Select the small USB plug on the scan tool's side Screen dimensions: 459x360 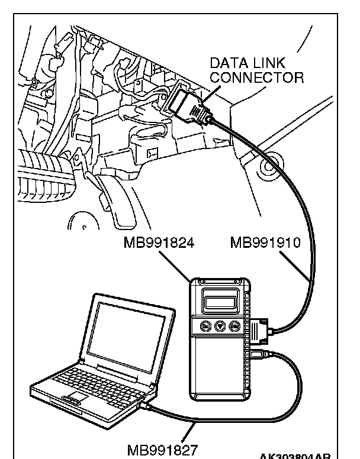coord(257,354)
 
